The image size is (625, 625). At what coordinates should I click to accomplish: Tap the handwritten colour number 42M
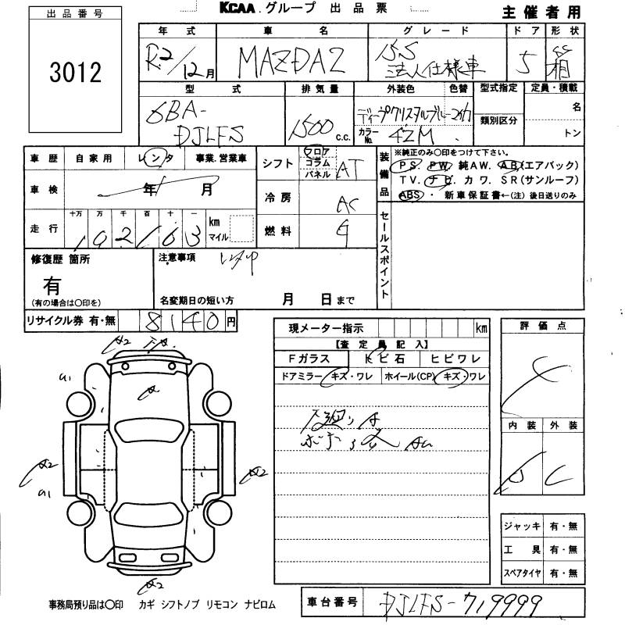tap(406, 133)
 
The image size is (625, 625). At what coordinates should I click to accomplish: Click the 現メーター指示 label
tap(326, 328)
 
